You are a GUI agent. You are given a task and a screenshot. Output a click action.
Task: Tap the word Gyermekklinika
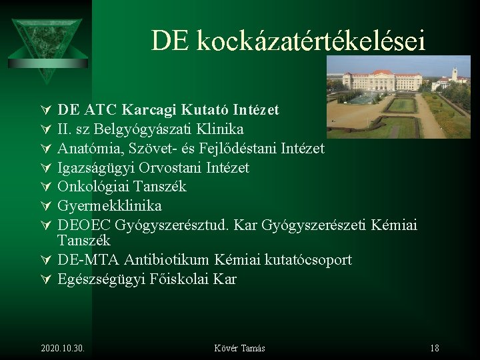(109, 206)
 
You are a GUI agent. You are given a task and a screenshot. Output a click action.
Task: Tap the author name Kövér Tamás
(239, 348)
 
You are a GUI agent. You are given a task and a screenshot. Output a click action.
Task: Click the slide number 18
(434, 348)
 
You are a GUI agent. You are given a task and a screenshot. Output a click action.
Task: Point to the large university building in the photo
(383, 81)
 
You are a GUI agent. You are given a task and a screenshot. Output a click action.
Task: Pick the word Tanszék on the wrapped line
(83, 240)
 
